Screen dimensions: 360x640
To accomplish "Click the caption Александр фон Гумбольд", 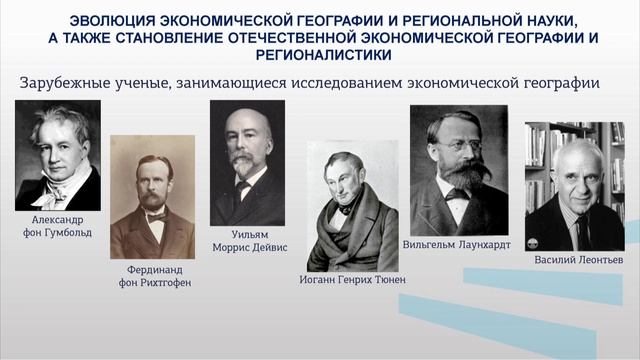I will coord(57,226).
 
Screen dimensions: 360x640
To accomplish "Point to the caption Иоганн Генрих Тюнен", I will coord(353,279).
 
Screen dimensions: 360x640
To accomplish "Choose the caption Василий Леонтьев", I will coord(578,259).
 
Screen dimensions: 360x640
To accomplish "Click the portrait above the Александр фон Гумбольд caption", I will coord(58,155).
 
